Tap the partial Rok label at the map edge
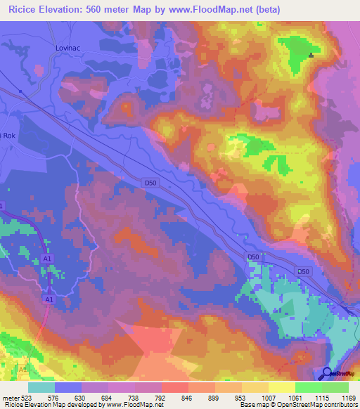point(7,136)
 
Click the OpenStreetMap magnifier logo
point(327,373)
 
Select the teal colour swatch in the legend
point(41,387)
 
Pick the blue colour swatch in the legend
point(68,387)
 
